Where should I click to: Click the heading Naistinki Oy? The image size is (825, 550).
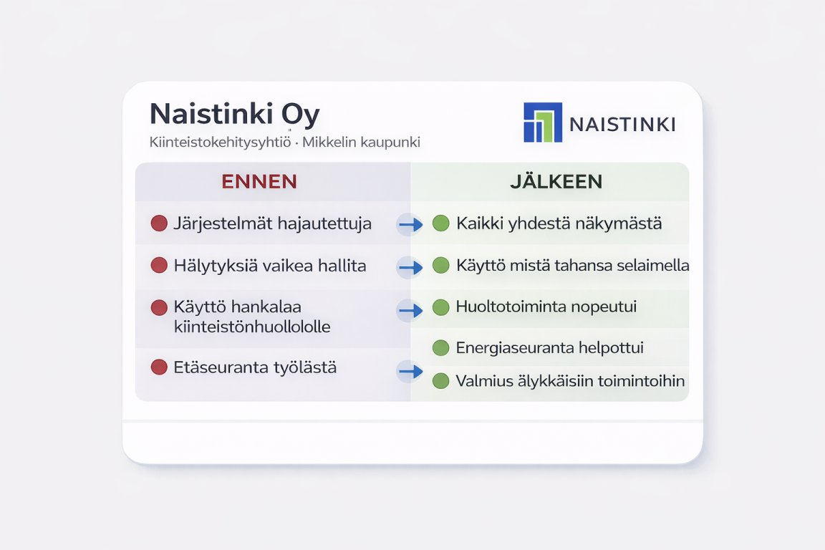pos(235,115)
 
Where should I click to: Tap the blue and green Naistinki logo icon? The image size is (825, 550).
pos(542,122)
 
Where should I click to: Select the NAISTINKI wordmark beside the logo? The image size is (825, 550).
pos(622,125)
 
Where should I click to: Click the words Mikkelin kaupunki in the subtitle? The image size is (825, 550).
pos(361,142)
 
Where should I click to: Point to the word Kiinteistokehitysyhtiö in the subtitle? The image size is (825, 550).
pos(220,142)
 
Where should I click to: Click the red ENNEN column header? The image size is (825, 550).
pos(259,182)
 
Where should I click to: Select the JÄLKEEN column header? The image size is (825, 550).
pos(556,182)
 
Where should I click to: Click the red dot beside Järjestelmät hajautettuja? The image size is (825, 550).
pos(159,223)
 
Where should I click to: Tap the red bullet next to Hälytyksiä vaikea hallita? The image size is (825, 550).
pos(159,265)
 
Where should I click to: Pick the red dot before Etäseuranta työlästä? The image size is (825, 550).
pos(159,367)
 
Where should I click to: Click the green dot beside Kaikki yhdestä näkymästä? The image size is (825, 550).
pos(441,223)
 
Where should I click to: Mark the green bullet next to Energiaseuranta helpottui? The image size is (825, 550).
pos(441,348)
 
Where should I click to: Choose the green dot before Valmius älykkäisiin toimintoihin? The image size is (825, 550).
pos(441,380)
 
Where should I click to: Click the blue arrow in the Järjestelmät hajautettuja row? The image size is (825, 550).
pos(411,225)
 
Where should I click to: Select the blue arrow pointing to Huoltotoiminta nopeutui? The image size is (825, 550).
pos(411,311)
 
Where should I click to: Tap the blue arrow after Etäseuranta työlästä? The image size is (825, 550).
pos(411,372)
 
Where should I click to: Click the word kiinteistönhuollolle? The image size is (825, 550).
pos(252,327)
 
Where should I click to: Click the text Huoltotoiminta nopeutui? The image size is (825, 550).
pos(546,307)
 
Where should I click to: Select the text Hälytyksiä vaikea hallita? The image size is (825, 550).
pos(270,266)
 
